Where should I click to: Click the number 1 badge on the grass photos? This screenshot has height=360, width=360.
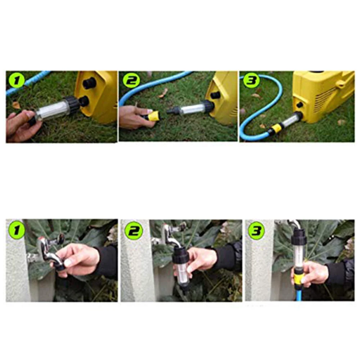[x=16, y=81]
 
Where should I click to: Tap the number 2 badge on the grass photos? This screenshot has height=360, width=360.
[x=131, y=81]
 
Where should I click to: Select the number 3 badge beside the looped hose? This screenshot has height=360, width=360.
[x=251, y=81]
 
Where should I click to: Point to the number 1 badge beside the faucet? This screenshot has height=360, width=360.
[x=17, y=230]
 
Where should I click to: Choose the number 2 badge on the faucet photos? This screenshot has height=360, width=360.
[x=134, y=231]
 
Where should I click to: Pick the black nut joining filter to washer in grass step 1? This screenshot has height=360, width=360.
[x=71, y=103]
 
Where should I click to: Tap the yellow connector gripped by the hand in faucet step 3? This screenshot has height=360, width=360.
[x=298, y=278]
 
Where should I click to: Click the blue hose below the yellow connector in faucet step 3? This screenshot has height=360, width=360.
[x=298, y=293]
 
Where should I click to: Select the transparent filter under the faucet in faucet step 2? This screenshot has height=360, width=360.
[x=181, y=272]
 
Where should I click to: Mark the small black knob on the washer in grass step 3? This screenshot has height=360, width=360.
[x=300, y=105]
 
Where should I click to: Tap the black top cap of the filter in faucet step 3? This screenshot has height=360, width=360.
[x=299, y=239]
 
